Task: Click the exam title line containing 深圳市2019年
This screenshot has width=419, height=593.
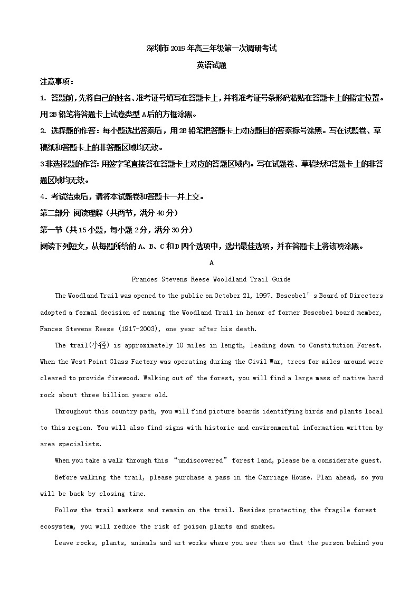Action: point(211,49)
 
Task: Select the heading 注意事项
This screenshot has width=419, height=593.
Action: point(56,82)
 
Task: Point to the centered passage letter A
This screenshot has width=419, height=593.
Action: point(211,262)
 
